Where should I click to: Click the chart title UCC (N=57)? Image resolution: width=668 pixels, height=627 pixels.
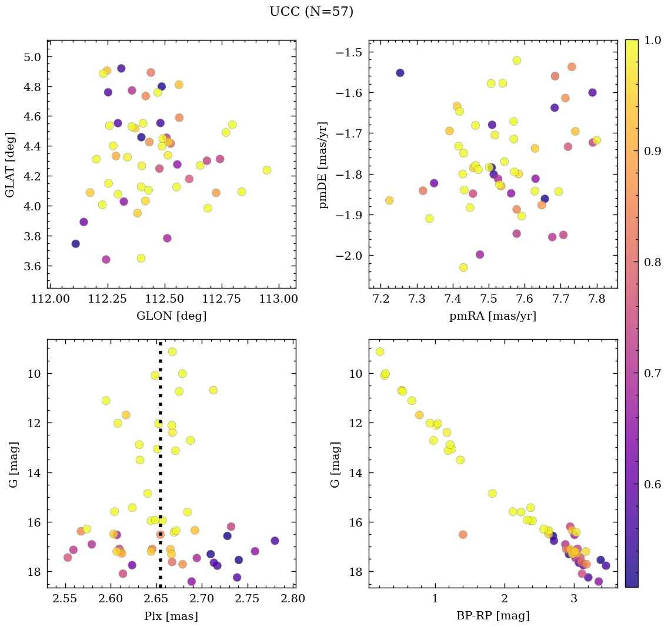[311, 12]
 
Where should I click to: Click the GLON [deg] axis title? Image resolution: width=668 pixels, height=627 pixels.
[171, 316]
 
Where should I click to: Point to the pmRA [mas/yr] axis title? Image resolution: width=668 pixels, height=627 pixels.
[493, 316]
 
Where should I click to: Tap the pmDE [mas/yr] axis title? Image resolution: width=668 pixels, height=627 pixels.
[323, 165]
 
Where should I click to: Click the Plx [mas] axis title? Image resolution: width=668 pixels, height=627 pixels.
[171, 616]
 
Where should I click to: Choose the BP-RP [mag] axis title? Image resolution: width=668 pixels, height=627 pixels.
[493, 616]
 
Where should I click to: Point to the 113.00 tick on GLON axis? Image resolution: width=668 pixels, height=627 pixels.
[278, 300]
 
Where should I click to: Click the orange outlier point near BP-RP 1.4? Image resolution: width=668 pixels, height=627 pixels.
[463, 534]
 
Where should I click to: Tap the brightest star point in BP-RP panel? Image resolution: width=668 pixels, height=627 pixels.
[380, 351]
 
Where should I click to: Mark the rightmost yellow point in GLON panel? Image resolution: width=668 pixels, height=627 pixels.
[267, 170]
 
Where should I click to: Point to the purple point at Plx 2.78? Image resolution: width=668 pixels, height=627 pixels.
[275, 541]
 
